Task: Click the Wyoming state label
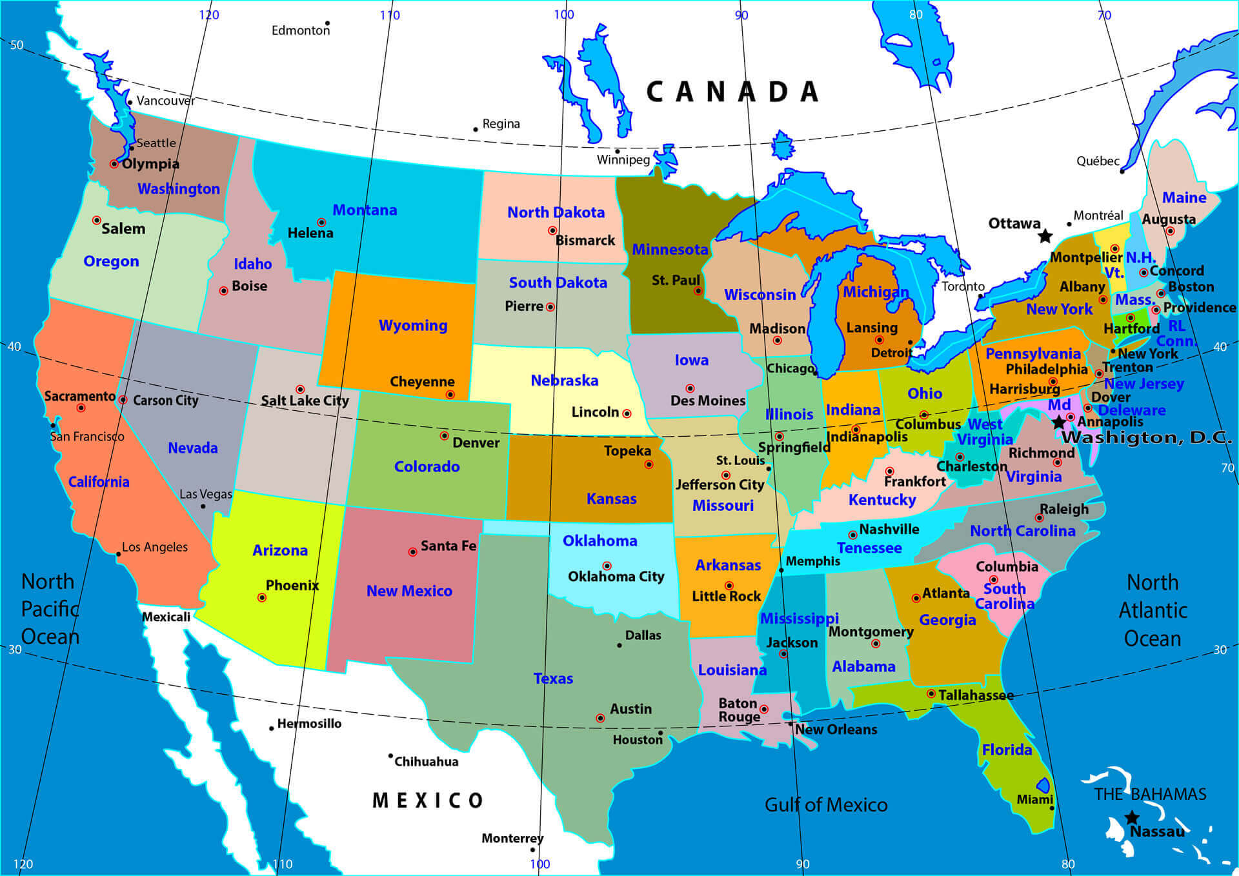(413, 325)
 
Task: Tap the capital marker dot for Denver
(444, 436)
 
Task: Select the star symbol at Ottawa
(1045, 236)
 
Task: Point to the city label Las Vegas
(205, 494)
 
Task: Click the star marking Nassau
(1132, 818)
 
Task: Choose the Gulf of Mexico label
(826, 804)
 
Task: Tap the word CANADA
(732, 92)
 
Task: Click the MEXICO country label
(428, 801)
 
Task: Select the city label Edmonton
(300, 30)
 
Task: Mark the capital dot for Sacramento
(81, 408)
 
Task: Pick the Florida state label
(1007, 750)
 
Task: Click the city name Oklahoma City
(616, 576)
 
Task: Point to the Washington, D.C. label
(1147, 437)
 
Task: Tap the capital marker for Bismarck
(552, 230)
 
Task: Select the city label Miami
(1034, 799)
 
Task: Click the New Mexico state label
(409, 591)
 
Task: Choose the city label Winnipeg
(623, 159)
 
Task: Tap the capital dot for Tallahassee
(931, 693)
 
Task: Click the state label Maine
(1184, 197)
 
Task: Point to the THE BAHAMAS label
(1150, 794)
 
